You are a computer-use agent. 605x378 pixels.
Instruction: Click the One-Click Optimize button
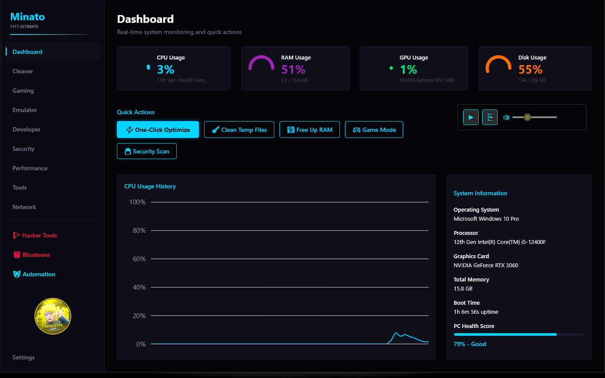point(158,130)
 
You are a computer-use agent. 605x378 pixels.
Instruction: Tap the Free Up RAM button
point(310,130)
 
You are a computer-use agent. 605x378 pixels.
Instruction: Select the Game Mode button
point(374,130)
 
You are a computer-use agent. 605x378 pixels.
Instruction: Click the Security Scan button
point(147,151)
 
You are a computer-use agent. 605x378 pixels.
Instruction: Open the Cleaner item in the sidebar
point(23,71)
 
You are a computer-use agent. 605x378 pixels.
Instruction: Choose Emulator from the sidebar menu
point(25,110)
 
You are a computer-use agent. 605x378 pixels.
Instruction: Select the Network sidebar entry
point(25,207)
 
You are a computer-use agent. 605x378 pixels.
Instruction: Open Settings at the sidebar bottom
point(24,357)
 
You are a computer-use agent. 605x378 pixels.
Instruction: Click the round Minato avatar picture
point(53,316)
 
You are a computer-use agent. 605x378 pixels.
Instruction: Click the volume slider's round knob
point(527,117)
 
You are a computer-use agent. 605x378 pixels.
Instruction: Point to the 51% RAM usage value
point(293,69)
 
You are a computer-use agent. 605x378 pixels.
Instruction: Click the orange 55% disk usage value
point(530,69)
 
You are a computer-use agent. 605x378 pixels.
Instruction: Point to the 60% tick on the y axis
point(139,259)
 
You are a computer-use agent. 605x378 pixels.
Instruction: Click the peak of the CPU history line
point(396,333)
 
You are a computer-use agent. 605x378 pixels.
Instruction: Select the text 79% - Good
point(470,344)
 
